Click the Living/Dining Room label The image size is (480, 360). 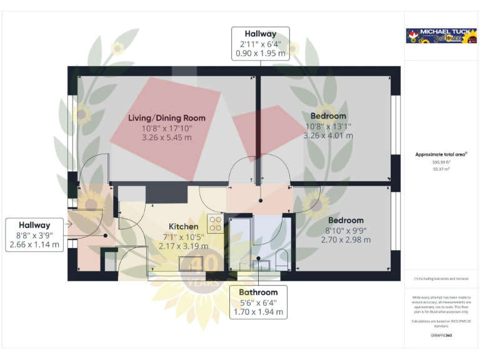pos(167,117)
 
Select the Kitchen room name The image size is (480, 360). pos(184,226)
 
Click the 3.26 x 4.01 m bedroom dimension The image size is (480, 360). pos(328,135)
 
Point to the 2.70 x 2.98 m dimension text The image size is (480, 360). pos(346,239)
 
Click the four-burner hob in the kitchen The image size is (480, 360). pos(216,223)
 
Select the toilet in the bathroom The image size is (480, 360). pos(282,259)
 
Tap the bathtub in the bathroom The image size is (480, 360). pos(240,244)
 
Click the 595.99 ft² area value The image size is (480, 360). pos(441,162)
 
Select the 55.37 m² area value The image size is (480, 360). pos(441,169)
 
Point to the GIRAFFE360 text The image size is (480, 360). pos(441,336)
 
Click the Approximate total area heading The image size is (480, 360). pos(441,154)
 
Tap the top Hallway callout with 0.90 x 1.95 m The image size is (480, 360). pos(261,44)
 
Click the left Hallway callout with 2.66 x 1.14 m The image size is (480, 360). pos(35,235)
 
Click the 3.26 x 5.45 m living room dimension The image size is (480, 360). pos(167,136)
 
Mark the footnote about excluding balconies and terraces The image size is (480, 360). pos(441,279)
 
